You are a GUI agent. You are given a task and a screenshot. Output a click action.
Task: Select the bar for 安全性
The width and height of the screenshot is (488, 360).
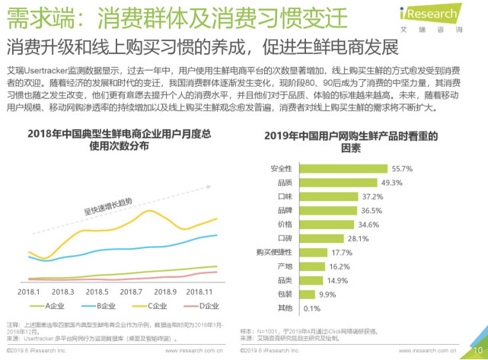pyautogui.click(x=341, y=169)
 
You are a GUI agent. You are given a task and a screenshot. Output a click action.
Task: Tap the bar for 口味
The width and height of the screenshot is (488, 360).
pyautogui.click(x=330, y=196)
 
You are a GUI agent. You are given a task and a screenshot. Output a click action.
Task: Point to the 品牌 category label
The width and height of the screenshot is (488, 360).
pyautogui.click(x=284, y=210)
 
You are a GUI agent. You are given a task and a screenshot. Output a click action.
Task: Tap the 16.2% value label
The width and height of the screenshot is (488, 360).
pyautogui.click(x=340, y=266)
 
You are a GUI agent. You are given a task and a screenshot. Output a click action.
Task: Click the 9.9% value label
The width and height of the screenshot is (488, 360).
pyautogui.click(x=327, y=294)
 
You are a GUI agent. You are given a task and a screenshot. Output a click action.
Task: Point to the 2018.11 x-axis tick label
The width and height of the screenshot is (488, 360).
pyautogui.click(x=200, y=292)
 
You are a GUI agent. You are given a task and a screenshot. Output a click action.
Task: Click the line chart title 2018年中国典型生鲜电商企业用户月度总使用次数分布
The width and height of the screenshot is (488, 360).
pyautogui.click(x=119, y=140)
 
